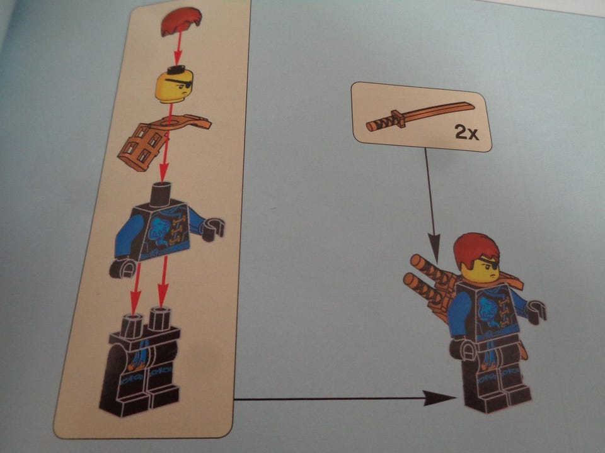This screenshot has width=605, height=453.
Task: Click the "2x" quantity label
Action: point(466,133)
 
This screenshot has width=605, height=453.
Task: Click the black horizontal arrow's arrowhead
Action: point(440,398)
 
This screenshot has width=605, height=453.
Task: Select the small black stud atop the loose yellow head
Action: point(176,69)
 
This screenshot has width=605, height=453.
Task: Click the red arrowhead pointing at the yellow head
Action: point(176,59)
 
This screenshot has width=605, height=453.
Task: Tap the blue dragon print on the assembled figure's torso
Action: point(487,310)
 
